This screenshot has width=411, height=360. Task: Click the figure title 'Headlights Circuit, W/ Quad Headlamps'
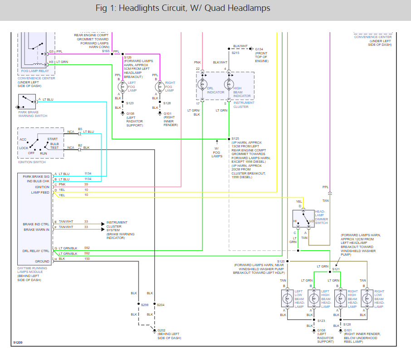183,9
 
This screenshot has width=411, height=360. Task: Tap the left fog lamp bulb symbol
122,86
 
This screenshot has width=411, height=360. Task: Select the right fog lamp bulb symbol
159,86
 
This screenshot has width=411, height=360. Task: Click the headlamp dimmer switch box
303,218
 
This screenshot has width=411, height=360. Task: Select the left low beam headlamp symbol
287,298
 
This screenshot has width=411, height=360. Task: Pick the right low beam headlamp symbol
367,298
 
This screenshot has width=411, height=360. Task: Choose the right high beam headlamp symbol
340,298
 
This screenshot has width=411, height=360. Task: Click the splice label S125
235,138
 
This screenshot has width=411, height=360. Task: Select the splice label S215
235,53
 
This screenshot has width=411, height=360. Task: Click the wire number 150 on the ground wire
87,258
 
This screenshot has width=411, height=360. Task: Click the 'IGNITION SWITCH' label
32,162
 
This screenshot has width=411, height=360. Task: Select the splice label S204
161,305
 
